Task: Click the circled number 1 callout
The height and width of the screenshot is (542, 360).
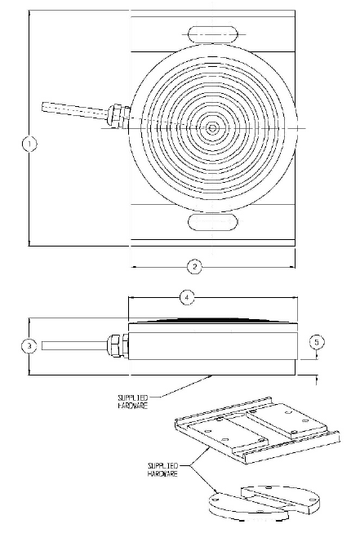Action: tap(29, 144)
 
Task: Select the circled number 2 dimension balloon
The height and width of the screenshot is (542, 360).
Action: tap(194, 267)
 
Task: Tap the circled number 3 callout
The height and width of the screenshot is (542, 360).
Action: tap(29, 346)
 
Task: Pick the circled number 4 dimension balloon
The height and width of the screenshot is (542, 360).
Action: tap(187, 298)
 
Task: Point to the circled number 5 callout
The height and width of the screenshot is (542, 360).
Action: tap(317, 342)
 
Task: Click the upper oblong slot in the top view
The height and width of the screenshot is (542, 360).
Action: tap(213, 34)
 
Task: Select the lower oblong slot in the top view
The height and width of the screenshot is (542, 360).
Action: tap(213, 221)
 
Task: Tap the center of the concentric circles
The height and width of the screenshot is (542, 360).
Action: tap(212, 128)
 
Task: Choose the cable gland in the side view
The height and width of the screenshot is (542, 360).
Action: tap(118, 344)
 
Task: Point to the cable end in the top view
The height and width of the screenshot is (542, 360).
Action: tap(43, 107)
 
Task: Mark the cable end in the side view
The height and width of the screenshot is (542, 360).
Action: tap(42, 345)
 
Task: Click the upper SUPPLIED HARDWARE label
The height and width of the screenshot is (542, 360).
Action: tap(133, 402)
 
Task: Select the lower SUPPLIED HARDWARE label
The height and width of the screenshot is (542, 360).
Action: tap(163, 469)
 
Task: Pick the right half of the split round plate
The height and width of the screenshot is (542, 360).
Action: tap(280, 497)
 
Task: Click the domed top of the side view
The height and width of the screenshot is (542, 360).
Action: tap(213, 320)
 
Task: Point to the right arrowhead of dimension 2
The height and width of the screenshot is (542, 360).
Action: tap(292, 267)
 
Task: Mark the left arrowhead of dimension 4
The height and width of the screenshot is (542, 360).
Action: tap(131, 297)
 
